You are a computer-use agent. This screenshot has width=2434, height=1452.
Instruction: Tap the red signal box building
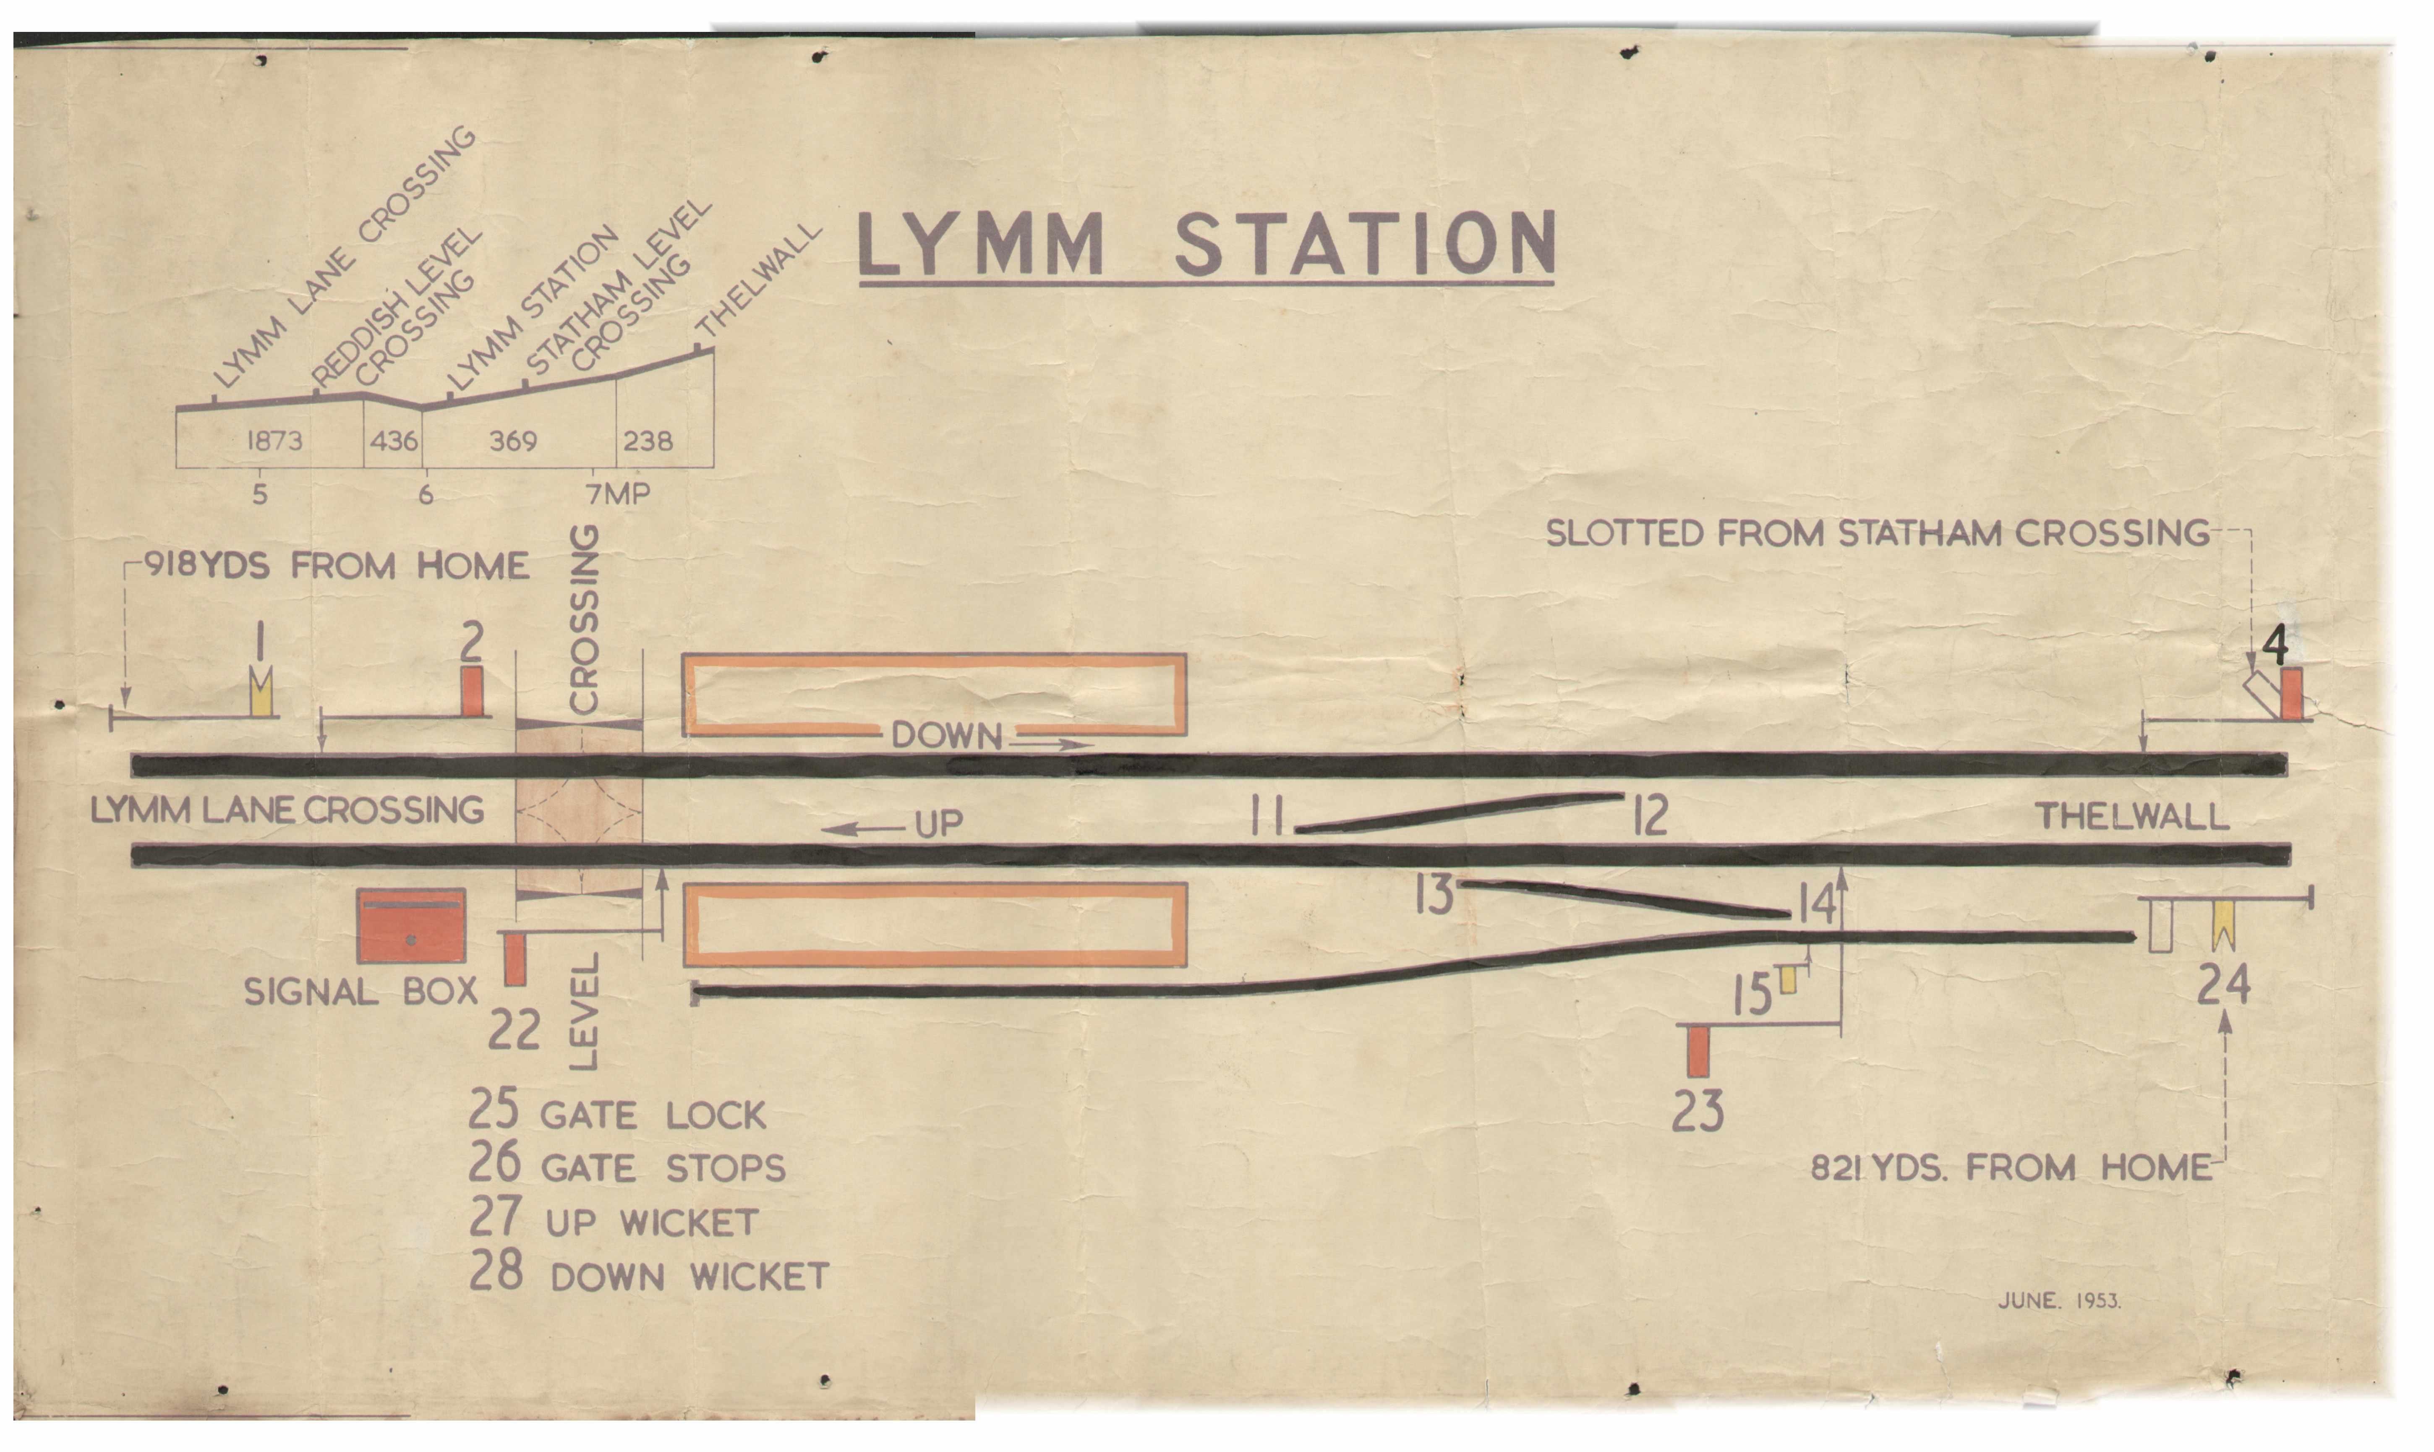click(x=411, y=926)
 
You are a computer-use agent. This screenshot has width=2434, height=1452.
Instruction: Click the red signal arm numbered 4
click(x=2291, y=694)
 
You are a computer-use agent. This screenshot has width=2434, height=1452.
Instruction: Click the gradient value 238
click(x=648, y=441)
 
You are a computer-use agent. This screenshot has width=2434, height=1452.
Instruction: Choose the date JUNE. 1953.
click(x=2058, y=1301)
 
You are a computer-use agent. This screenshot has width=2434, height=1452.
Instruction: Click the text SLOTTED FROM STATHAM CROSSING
click(x=1876, y=533)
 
